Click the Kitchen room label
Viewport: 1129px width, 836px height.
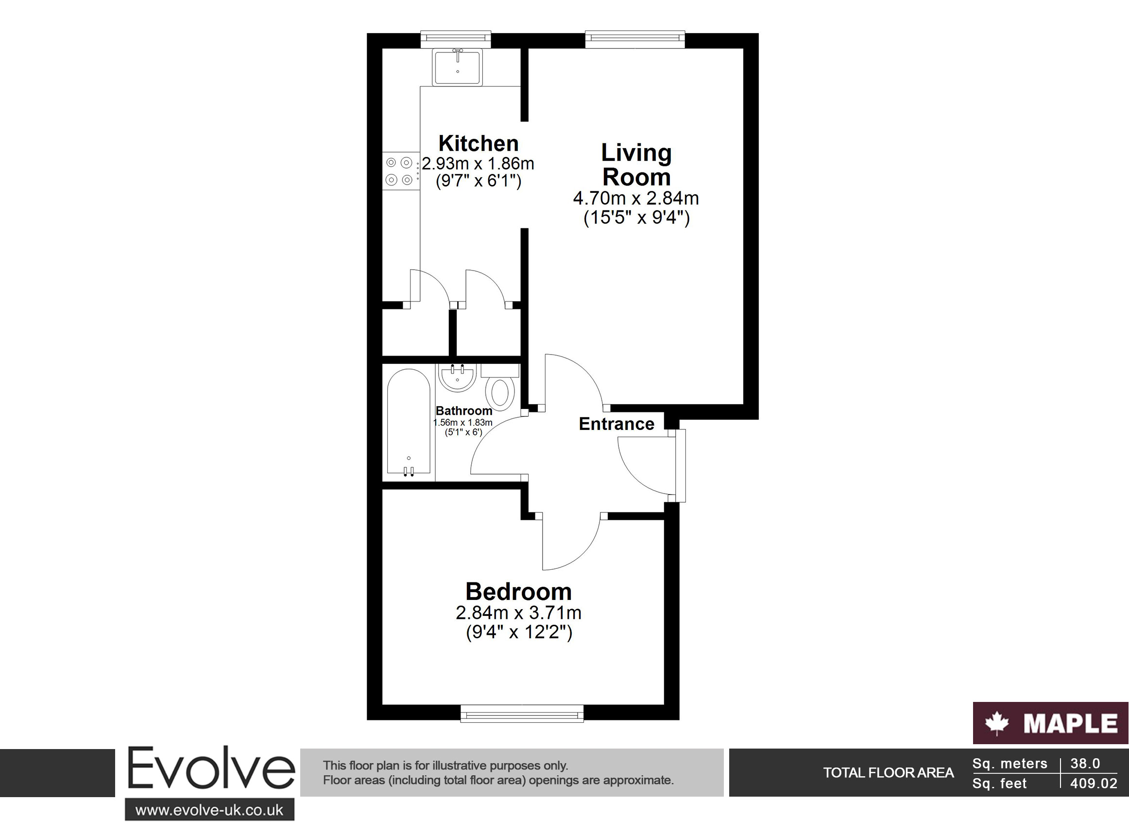478,144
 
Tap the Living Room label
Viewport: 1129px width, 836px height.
636,165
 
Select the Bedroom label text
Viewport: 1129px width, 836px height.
518,592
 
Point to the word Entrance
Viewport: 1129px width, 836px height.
616,424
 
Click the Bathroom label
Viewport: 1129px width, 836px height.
463,411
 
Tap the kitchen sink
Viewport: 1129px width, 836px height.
458,67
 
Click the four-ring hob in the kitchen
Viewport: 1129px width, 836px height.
401,171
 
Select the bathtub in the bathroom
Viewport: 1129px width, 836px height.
409,423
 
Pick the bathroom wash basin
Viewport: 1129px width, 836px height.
458,378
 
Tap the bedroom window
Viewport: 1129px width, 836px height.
522,714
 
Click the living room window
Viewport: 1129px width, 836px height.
635,39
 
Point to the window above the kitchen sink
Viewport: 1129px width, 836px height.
456,39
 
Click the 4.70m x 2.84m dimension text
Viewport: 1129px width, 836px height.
636,198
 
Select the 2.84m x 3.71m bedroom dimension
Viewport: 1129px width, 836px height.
519,613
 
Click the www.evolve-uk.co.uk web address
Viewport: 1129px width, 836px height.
209,811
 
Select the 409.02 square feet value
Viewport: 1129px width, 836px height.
1094,784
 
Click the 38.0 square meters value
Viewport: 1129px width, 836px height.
1085,763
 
